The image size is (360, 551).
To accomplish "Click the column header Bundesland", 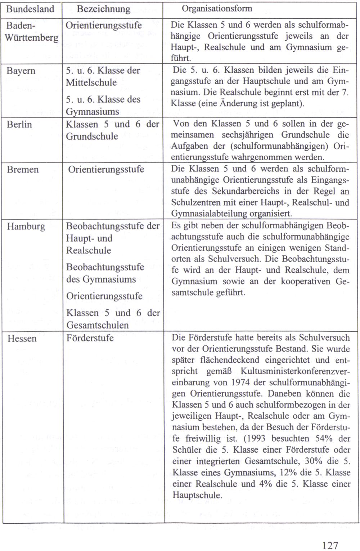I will [x=30, y=9].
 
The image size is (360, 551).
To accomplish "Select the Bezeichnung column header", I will [x=104, y=9].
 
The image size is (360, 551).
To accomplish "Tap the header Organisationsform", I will [x=217, y=8].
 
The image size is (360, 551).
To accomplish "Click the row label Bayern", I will [x=21, y=71].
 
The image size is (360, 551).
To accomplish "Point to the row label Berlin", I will [x=19, y=125].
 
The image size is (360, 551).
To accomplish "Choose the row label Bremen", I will [x=23, y=170].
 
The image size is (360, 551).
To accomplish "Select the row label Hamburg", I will [x=26, y=227].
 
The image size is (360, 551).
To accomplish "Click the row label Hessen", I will [x=22, y=339].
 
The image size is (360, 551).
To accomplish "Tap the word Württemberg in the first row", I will [x=32, y=38].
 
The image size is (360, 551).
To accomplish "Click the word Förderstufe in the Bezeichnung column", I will [x=90, y=338].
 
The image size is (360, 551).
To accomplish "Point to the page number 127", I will [x=330, y=545].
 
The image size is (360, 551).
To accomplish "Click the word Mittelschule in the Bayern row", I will [x=91, y=82].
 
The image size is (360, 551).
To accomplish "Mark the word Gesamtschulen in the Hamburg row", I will [x=98, y=325].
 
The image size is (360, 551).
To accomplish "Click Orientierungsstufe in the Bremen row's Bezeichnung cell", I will [x=106, y=169].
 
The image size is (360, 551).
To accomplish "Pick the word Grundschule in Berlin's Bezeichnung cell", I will [x=92, y=136].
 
